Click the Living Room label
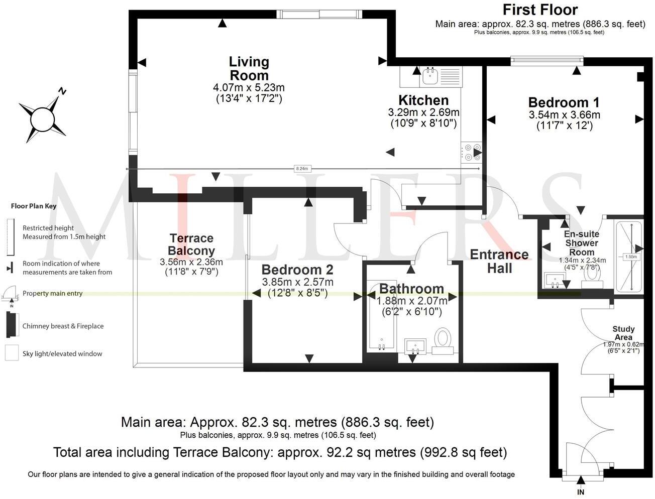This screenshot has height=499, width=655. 249,69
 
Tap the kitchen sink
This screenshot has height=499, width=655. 430,76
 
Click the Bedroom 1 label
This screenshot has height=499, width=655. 564,102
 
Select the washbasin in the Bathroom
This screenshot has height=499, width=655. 415,346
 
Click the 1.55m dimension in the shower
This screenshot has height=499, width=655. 631,257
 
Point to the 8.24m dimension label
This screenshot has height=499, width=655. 301,169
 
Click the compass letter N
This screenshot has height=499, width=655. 62,91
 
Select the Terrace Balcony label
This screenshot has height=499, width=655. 191,244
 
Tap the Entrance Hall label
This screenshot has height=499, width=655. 499,261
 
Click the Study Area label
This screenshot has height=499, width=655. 623,333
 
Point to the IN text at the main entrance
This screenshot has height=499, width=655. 580,492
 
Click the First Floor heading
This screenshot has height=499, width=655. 540,10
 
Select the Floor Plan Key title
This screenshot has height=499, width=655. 34,206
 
